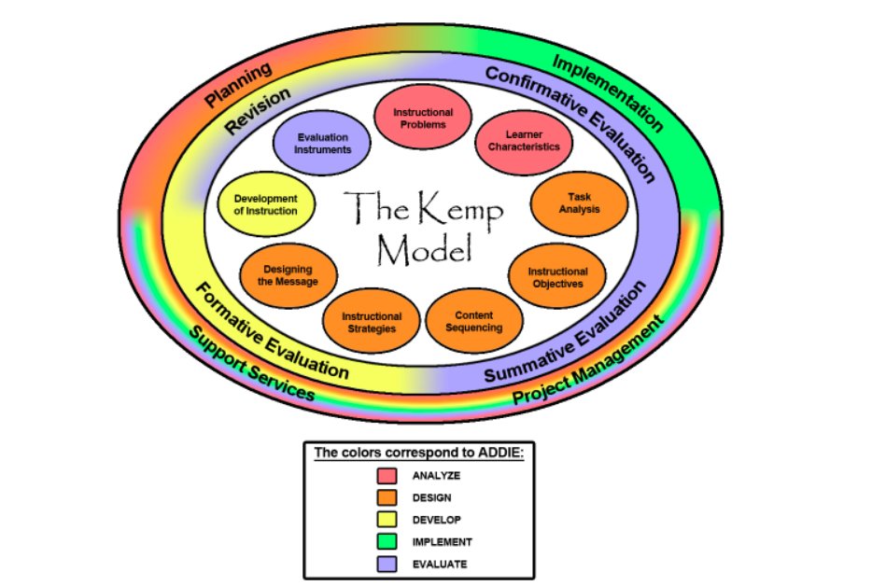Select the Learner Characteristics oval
[x=526, y=141]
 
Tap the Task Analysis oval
[x=579, y=203]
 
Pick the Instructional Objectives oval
[x=558, y=277]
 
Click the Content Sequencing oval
[x=475, y=322]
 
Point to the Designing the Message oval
[x=288, y=275]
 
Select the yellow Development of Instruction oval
[x=265, y=204]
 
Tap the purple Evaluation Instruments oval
[x=317, y=144]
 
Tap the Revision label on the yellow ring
[x=257, y=112]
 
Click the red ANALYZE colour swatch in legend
[x=387, y=475]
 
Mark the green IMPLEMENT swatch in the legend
[x=387, y=541]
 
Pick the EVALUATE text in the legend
[x=439, y=564]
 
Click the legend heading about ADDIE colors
[x=419, y=453]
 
